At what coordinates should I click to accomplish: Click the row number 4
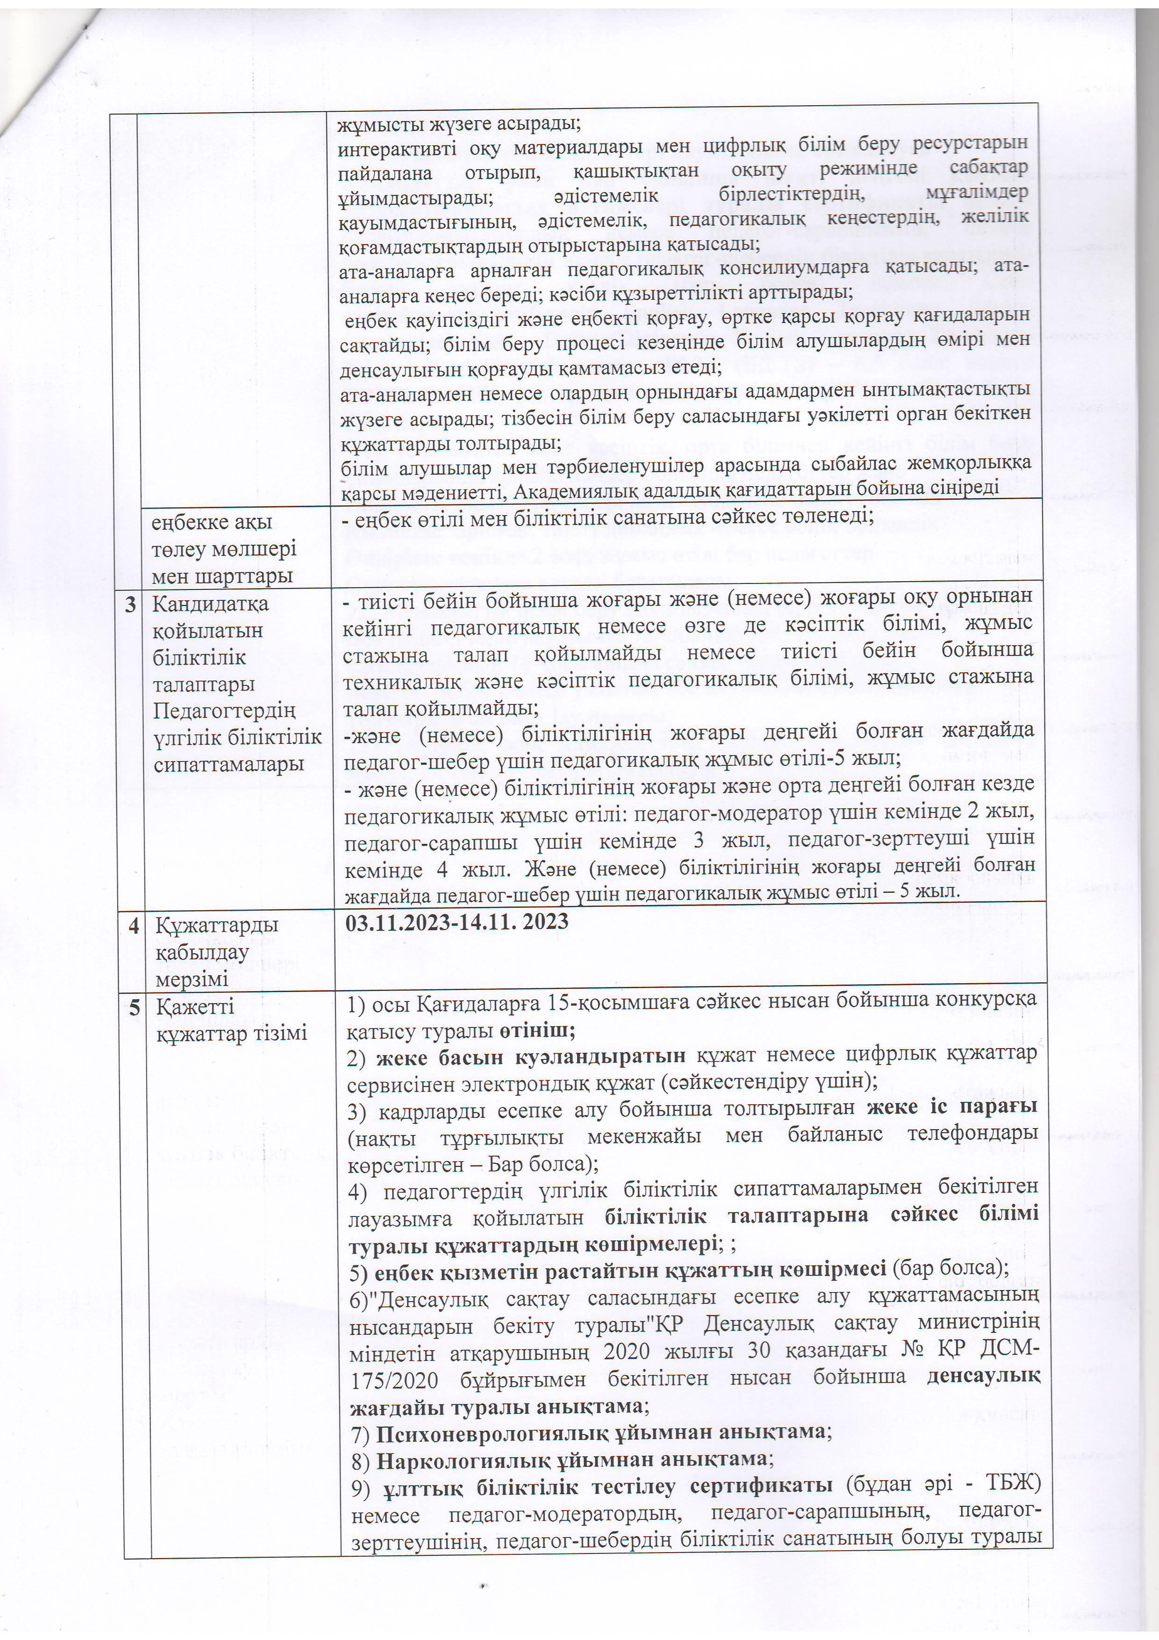(134, 927)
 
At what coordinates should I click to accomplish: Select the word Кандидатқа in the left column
(211, 604)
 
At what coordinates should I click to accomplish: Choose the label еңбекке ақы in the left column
(211, 523)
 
